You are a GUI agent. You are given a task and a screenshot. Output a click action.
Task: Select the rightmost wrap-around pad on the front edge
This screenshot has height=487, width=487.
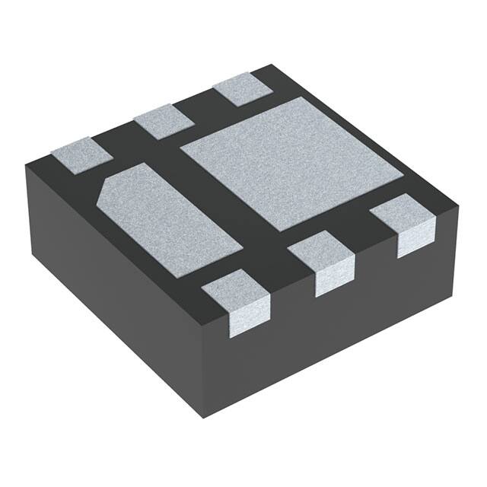[407, 221]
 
